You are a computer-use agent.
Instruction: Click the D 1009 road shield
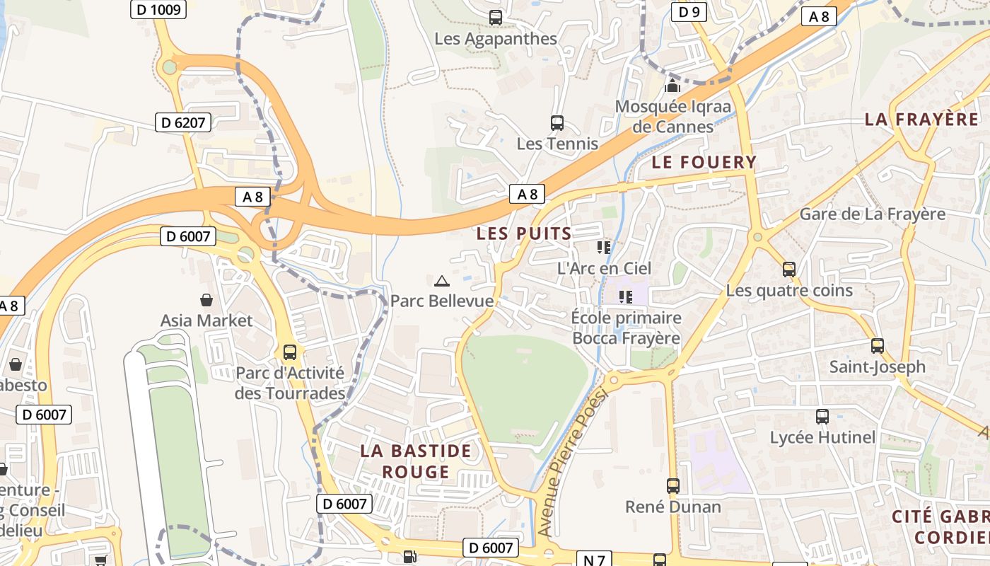pos(158,9)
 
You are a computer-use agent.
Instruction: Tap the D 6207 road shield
pos(183,122)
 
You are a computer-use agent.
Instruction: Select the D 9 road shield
pos(689,11)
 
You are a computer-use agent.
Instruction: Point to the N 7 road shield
pos(593,560)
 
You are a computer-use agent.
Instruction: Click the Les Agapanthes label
pos(496,39)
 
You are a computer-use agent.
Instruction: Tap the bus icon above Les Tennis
pos(557,123)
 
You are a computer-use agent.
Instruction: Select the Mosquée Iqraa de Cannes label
pos(672,117)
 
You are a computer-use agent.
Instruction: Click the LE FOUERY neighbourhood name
pos(704,162)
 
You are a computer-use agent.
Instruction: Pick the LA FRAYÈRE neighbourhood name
pos(921,119)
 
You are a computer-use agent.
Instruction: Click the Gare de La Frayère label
pos(872,214)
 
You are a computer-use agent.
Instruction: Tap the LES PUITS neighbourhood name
pos(524,233)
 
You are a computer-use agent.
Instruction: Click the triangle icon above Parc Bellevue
pos(442,281)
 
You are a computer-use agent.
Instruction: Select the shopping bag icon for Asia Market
pos(206,300)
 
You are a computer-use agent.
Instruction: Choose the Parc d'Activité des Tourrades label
pos(289,383)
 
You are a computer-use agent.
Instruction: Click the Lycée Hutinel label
pos(822,437)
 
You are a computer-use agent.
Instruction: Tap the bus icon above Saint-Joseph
pos(878,346)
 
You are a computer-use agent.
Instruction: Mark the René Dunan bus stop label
pos(672,507)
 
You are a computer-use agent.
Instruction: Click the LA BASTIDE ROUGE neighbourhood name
pos(415,461)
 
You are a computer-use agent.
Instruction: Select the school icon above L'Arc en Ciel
pos(604,248)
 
